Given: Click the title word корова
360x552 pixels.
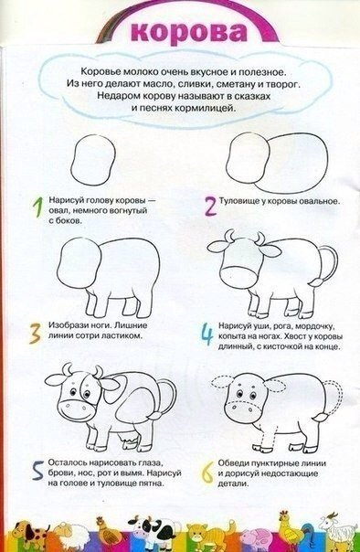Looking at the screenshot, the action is click(x=189, y=33).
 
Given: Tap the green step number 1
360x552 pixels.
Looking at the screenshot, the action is click(x=38, y=207).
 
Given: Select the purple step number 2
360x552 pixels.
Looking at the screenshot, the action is click(x=210, y=206).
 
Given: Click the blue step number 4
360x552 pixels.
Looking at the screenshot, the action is click(x=207, y=335).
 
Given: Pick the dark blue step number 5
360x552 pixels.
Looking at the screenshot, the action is click(x=38, y=470).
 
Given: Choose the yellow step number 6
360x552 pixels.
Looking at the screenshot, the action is click(x=207, y=472).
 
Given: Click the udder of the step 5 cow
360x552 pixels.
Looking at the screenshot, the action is click(x=127, y=439).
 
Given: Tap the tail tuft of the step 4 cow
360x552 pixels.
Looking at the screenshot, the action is click(x=317, y=281).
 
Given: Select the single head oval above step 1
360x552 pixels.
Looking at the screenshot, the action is click(x=93, y=159).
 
